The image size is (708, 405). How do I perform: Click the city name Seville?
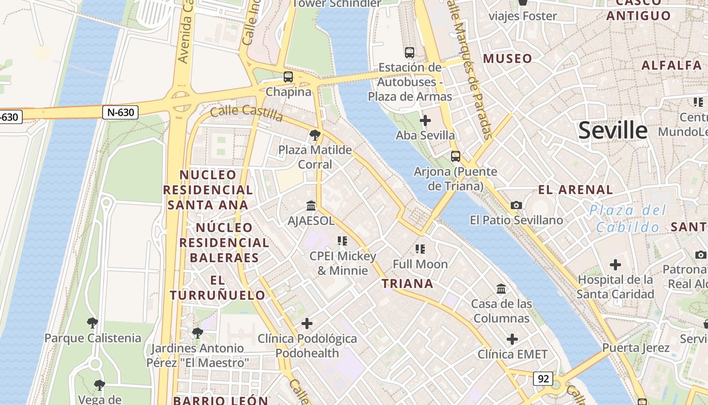[612, 131]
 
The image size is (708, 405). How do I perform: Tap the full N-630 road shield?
[120, 112]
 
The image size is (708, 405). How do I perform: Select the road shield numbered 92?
[543, 378]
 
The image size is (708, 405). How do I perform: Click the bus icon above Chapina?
[288, 77]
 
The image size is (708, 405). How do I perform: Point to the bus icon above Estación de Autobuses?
[410, 52]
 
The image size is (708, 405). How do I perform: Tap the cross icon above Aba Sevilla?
[425, 120]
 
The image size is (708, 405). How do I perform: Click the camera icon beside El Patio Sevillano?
[516, 205]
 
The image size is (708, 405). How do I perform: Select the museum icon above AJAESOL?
[311, 206]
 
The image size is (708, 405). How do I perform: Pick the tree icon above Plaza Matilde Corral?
[315, 135]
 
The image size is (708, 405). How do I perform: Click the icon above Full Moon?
[420, 249]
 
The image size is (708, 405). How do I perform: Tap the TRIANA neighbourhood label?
[408, 283]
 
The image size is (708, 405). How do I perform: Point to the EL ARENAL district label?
[576, 190]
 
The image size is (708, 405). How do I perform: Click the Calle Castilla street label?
[246, 113]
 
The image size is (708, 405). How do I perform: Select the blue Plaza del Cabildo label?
[628, 219]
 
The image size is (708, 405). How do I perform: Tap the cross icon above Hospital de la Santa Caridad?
[615, 265]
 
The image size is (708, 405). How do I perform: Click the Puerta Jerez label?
[636, 348]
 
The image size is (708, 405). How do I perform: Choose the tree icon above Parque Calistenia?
[92, 323]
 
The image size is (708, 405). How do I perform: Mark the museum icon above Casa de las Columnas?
[501, 289]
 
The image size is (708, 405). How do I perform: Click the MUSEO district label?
[508, 59]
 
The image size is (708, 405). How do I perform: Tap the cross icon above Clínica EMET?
[512, 339]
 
